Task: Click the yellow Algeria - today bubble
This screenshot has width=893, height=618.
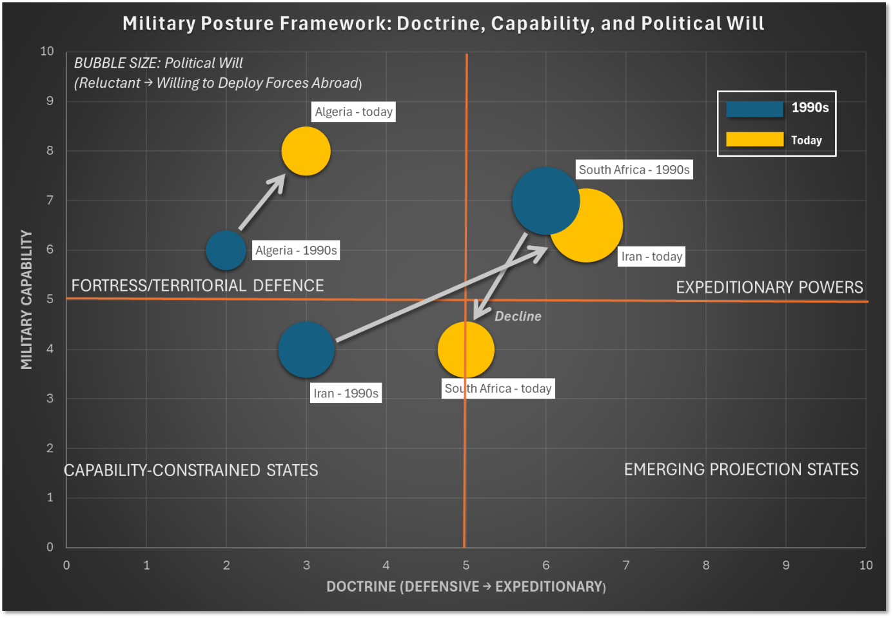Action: coord(306,151)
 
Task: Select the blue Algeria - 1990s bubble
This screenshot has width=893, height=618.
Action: coord(226,250)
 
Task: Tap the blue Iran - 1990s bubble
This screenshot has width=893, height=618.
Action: coord(306,350)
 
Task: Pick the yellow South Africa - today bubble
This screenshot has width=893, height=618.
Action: coord(466,350)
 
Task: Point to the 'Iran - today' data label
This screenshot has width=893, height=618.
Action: coord(651,257)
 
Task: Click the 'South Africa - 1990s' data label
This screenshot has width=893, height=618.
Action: coord(634,170)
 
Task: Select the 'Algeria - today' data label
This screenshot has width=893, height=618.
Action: coord(353,112)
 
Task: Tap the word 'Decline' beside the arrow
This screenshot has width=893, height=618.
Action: coord(518,316)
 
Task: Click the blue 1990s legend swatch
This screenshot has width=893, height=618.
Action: coord(754,109)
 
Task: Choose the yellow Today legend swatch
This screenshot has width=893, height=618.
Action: coord(754,139)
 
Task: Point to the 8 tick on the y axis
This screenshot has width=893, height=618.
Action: coord(50,150)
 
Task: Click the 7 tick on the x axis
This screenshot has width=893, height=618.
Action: coord(625,565)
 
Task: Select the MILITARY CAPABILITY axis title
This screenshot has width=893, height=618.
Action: coord(26,299)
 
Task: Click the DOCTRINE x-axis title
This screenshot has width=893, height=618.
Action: coord(466,586)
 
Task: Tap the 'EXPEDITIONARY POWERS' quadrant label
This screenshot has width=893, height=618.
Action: coord(769,287)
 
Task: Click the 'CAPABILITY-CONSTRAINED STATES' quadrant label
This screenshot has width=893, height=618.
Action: coord(191,470)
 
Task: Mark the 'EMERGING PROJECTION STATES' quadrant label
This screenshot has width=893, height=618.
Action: coord(741,469)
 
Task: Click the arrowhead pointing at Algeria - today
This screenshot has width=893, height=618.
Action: coord(279,181)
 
